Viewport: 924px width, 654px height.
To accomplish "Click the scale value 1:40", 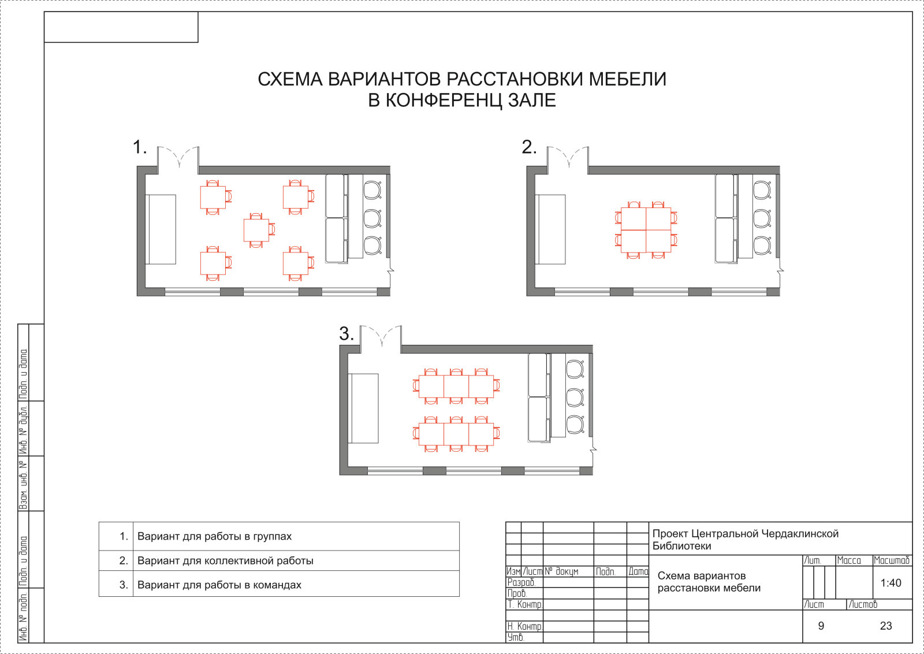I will click(891, 583).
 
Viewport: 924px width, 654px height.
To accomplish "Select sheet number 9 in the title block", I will click(821, 626).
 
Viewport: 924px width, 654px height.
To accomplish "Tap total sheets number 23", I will click(886, 626).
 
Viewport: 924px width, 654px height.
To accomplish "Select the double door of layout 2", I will click(568, 158).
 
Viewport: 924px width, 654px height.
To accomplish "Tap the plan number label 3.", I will click(346, 334).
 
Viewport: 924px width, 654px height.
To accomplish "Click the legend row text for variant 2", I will click(225, 560).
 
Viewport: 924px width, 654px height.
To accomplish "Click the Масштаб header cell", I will click(891, 560).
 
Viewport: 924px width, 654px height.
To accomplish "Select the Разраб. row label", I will click(521, 582).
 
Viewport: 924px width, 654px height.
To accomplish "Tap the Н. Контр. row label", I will click(524, 626).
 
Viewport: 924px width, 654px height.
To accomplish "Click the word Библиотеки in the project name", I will click(681, 546).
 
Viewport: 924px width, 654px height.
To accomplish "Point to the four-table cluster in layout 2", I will click(646, 230).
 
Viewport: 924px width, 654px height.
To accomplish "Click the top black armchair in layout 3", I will click(575, 369).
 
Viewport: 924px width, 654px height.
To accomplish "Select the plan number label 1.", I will click(140, 147).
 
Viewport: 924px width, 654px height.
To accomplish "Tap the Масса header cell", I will click(848, 560).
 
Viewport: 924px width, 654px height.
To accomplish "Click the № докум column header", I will click(561, 571).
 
